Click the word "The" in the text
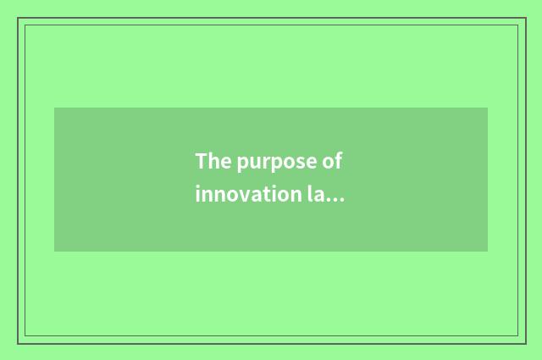(x=210, y=161)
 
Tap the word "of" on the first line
(x=335, y=161)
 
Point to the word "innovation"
(x=246, y=194)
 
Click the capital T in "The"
(x=201, y=161)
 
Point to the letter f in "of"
(x=341, y=160)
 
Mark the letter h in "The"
(x=211, y=161)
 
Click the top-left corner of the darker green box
(x=54, y=108)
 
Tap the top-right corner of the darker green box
(x=488, y=108)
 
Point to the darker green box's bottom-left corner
(x=54, y=252)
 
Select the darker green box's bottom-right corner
(x=488, y=252)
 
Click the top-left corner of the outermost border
(x=18, y=18)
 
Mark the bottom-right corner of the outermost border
(x=525, y=343)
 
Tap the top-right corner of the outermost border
(x=525, y=18)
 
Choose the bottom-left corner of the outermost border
(x=18, y=343)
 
